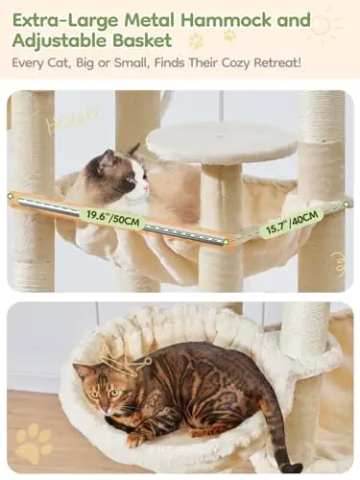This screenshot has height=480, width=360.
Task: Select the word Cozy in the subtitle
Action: (235, 62)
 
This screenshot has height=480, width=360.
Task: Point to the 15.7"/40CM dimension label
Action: (292, 222)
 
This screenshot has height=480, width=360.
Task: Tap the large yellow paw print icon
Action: (34, 443)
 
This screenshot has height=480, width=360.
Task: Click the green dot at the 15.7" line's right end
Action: (347, 204)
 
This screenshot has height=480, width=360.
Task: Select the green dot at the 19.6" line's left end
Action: (11, 196)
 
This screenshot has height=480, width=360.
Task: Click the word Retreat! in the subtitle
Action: (277, 62)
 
